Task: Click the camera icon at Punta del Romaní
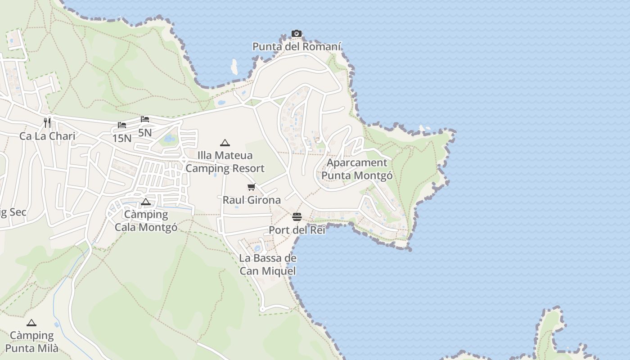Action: point(296,33)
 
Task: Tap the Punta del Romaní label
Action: point(297,46)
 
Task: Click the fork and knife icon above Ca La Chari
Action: point(47,122)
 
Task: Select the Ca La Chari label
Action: point(47,136)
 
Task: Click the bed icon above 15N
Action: point(122,125)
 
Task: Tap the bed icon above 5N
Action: point(144,119)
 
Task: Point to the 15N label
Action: point(122,138)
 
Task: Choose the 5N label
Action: point(145,133)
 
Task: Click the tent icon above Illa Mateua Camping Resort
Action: point(225,143)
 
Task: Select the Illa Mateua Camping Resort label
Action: point(225,162)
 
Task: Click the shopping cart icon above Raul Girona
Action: point(252,187)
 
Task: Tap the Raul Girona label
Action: point(252,200)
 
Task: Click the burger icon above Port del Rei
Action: point(297,217)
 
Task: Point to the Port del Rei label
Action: point(297,230)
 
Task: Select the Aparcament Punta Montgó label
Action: point(357,169)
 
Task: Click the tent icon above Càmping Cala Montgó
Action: point(145,202)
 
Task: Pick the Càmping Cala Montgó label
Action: point(146,220)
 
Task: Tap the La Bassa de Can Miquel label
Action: point(268,264)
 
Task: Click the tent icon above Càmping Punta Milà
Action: point(31,323)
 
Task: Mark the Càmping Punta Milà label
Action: point(31,342)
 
